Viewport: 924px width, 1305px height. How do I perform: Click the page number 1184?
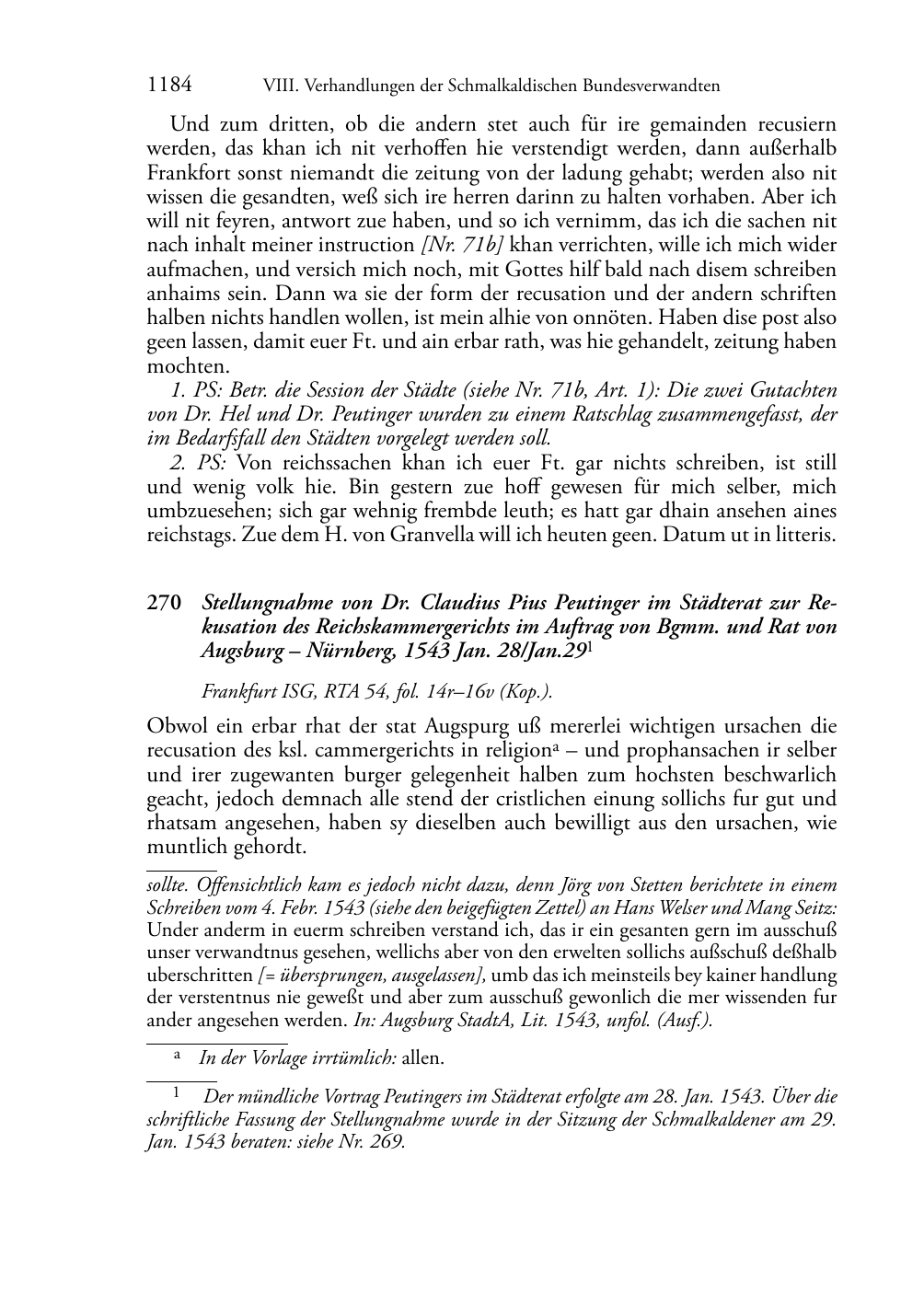point(169,86)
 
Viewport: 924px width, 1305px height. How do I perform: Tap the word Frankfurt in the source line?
point(236,690)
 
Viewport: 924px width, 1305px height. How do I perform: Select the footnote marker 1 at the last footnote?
point(175,1095)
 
